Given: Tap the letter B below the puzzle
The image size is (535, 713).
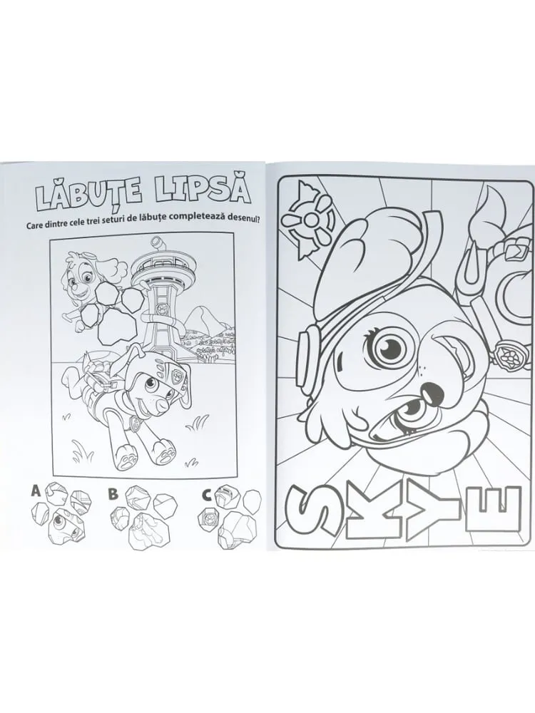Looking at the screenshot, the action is point(113,494).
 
